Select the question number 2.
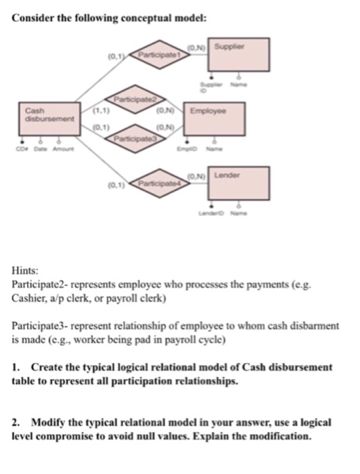17,421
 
